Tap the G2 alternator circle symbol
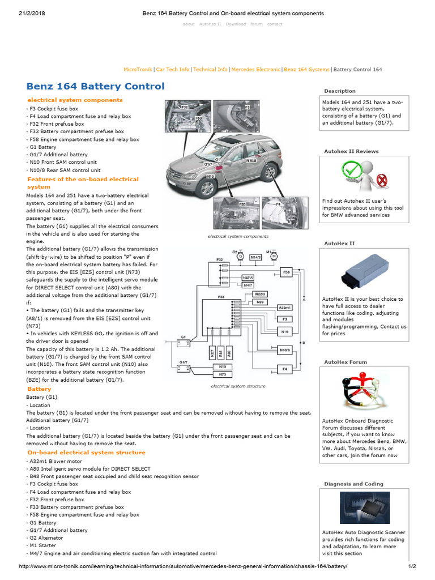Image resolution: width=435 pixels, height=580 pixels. coord(240,257)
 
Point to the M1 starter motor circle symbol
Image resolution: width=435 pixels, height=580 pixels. coord(274,257)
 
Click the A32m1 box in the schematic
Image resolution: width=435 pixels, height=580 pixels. coord(284,307)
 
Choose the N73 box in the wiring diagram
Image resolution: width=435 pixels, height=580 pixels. coord(223,374)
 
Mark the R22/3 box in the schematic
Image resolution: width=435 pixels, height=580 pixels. coord(261,295)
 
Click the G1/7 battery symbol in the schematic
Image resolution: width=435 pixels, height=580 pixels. coord(184,368)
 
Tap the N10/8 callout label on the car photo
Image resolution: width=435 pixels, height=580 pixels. coord(251,161)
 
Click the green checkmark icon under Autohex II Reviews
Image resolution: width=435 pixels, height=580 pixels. coord(350,170)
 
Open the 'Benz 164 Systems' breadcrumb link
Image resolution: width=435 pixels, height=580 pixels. coord(306,70)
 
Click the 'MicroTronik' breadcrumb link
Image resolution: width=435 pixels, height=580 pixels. coord(138,70)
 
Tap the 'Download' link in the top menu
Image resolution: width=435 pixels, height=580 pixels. coord(236,24)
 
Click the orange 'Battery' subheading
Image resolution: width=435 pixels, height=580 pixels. coord(39,389)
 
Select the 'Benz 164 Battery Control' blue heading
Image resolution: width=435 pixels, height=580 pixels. coord(96,87)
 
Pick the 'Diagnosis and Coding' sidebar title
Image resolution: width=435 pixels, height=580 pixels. coord(353,484)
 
